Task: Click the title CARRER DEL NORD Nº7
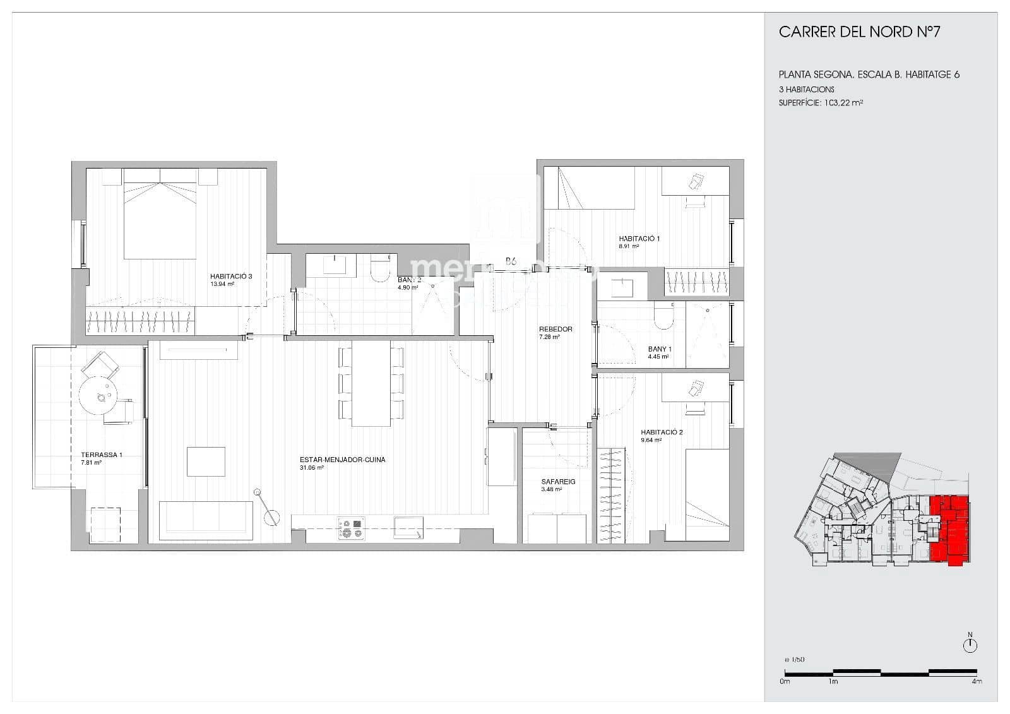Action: click(x=859, y=32)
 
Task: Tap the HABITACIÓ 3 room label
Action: click(x=231, y=277)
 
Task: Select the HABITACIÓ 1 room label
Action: click(x=639, y=239)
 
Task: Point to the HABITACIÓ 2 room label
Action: click(x=662, y=432)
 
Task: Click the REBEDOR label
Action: click(x=555, y=329)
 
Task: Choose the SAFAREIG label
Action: click(x=558, y=482)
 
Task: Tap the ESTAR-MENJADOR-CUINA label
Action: click(x=342, y=460)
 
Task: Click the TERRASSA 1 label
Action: click(x=101, y=455)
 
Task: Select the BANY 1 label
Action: click(x=660, y=349)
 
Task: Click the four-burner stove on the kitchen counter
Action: click(x=352, y=528)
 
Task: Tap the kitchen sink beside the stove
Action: click(x=408, y=527)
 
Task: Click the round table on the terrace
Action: click(x=98, y=396)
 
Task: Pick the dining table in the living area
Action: click(x=371, y=384)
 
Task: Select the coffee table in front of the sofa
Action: click(x=206, y=461)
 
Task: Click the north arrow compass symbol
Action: click(x=970, y=645)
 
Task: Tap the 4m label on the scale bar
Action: click(x=977, y=682)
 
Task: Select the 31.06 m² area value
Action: click(x=312, y=468)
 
